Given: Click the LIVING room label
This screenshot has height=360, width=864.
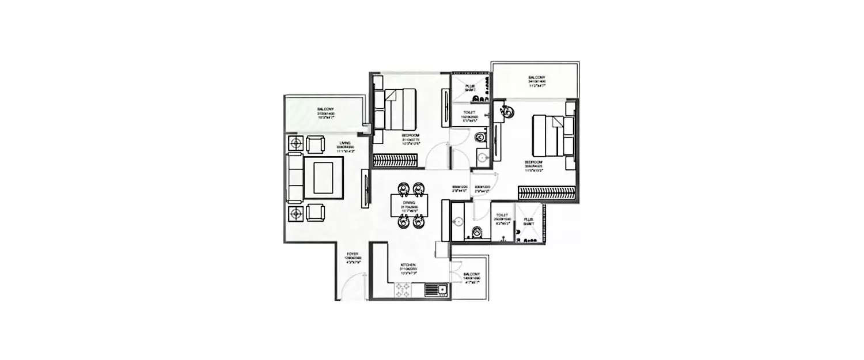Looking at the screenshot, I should [x=345, y=143].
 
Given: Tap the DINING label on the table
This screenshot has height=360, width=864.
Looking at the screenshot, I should [x=409, y=203].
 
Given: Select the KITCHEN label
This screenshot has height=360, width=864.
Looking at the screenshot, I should [x=408, y=266].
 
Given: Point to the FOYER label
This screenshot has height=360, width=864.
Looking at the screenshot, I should [x=353, y=253].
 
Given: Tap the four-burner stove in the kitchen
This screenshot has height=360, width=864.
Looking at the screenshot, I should [x=402, y=291].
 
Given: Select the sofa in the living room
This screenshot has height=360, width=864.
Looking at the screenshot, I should [x=295, y=178].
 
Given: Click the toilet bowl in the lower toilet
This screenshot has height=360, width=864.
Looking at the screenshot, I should [x=477, y=232].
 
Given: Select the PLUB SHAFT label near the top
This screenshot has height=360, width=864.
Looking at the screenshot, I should [x=470, y=87].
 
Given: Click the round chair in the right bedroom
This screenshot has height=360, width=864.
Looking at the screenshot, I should [x=506, y=113].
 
